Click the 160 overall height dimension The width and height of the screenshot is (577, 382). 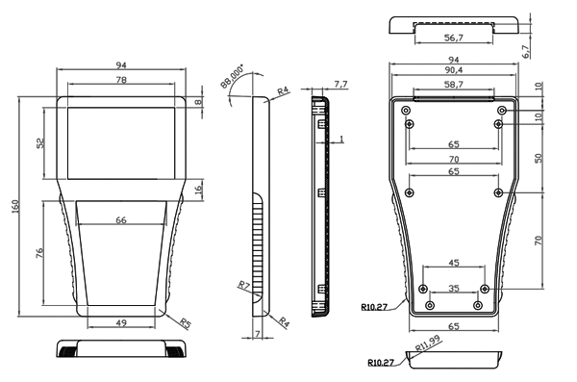(15, 206)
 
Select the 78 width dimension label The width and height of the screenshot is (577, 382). (121, 80)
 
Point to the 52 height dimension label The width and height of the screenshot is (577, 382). (40, 143)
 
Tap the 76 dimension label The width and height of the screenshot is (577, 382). (39, 253)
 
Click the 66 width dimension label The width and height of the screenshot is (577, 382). (121, 220)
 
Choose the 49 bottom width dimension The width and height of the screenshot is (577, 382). (121, 323)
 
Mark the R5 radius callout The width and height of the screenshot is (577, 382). (186, 323)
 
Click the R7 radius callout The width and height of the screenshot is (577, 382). (244, 285)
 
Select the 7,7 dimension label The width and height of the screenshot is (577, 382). (340, 85)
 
